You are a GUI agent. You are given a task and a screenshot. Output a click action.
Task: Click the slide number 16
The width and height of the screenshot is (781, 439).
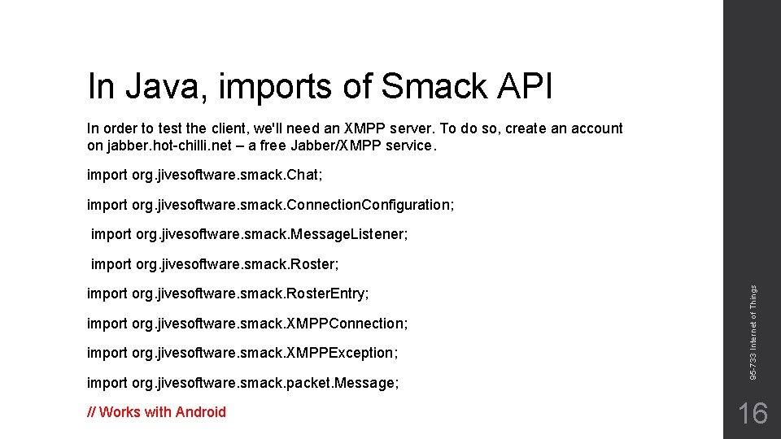coord(752,414)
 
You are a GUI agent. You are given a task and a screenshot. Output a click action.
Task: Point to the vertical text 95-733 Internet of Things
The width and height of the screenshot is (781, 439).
coord(753,332)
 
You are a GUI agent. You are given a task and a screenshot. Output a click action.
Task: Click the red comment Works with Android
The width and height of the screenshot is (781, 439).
coord(156,412)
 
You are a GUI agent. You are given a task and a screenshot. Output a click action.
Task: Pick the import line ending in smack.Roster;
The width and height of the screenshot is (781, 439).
coord(215,264)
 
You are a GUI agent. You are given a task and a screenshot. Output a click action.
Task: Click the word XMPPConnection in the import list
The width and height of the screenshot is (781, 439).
coord(345,324)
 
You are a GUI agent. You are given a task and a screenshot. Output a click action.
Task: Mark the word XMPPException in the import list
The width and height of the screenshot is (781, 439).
coord(340,353)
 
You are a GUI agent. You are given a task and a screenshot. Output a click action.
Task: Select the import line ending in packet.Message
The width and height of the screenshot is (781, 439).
coord(242,383)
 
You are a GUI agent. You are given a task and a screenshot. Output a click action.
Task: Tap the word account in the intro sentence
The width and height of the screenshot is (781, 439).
coord(596,128)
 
